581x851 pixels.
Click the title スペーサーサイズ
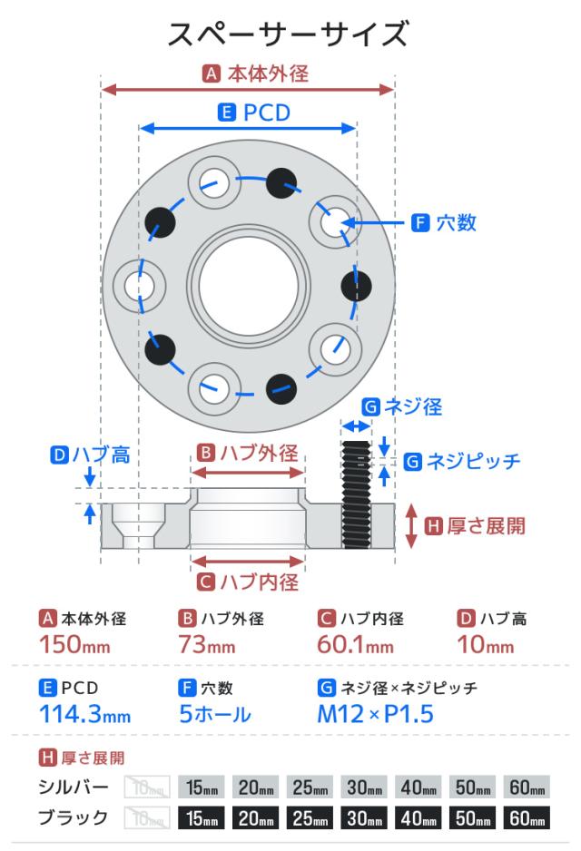click(290, 34)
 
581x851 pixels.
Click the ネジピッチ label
click(473, 461)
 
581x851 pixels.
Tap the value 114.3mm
click(84, 713)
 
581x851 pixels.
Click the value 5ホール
click(215, 713)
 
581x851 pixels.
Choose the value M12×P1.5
click(375, 713)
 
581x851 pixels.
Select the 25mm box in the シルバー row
click(310, 786)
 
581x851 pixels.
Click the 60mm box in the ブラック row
click(527, 818)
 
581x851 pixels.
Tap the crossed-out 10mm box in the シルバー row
click(146, 786)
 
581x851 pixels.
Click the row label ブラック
click(73, 818)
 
